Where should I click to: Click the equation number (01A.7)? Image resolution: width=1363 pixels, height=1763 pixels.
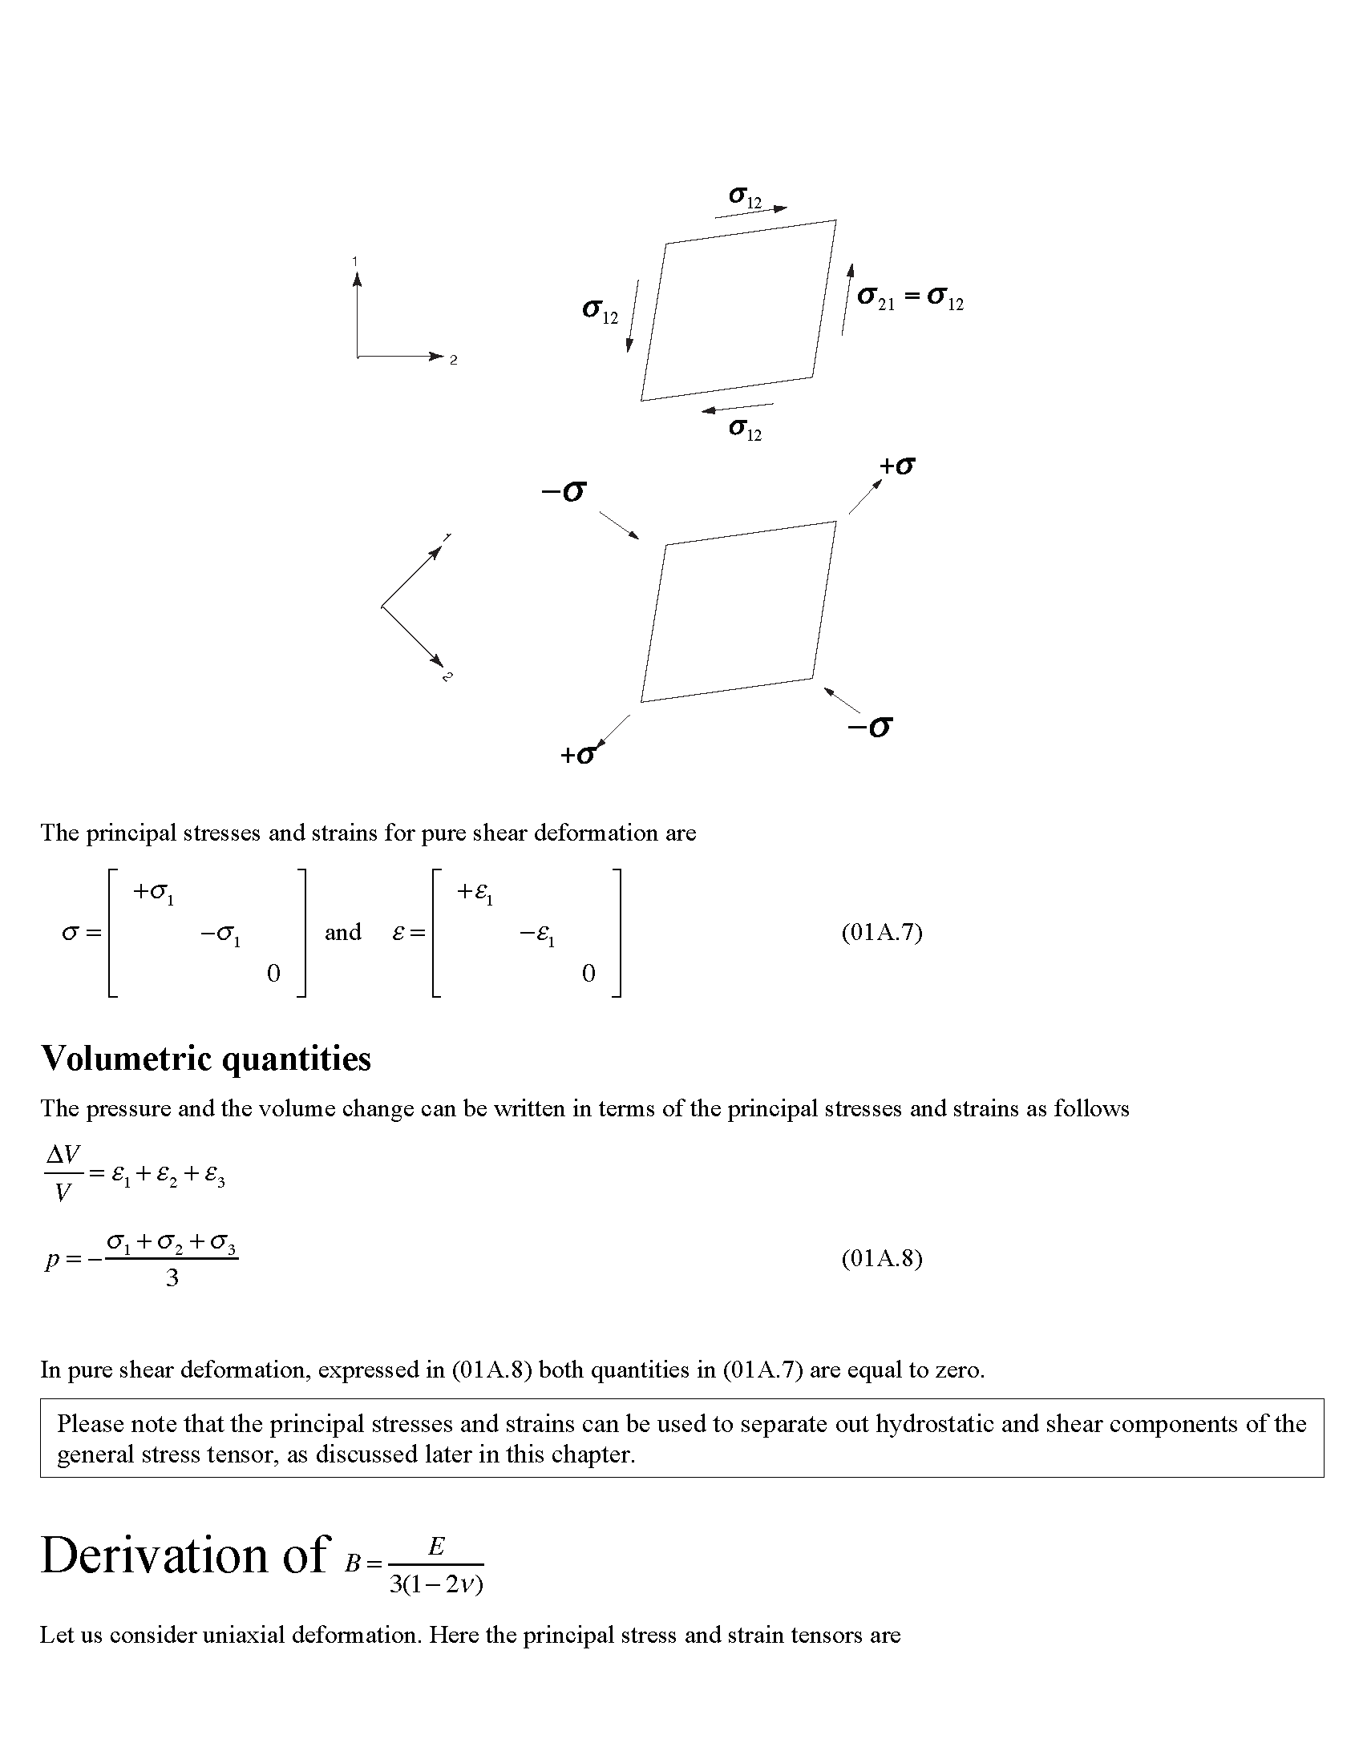[x=882, y=932]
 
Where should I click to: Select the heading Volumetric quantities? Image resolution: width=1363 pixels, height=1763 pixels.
[x=206, y=1059]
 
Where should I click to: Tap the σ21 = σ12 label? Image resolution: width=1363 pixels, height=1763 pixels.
[x=910, y=298]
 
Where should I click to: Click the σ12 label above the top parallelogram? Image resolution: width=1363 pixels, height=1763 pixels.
[x=745, y=198]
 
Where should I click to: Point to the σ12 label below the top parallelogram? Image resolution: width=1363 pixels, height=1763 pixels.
[x=745, y=430]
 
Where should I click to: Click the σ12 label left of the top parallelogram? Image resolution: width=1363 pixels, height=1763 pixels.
[x=600, y=311]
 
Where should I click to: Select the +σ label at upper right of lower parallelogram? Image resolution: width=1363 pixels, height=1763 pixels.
[x=897, y=466]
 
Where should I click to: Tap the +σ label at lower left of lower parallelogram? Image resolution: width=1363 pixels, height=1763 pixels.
[x=579, y=754]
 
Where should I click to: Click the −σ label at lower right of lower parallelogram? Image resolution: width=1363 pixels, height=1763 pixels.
[x=870, y=727]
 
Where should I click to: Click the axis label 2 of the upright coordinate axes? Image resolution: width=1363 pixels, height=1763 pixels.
[x=454, y=360]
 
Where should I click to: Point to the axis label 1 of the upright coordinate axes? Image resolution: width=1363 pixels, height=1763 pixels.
[x=354, y=260]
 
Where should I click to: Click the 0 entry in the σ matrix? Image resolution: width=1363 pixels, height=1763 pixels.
[x=273, y=974]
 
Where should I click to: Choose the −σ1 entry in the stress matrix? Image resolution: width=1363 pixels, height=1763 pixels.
[x=220, y=935]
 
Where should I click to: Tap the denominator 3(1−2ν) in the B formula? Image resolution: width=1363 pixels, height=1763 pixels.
[x=435, y=1584]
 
